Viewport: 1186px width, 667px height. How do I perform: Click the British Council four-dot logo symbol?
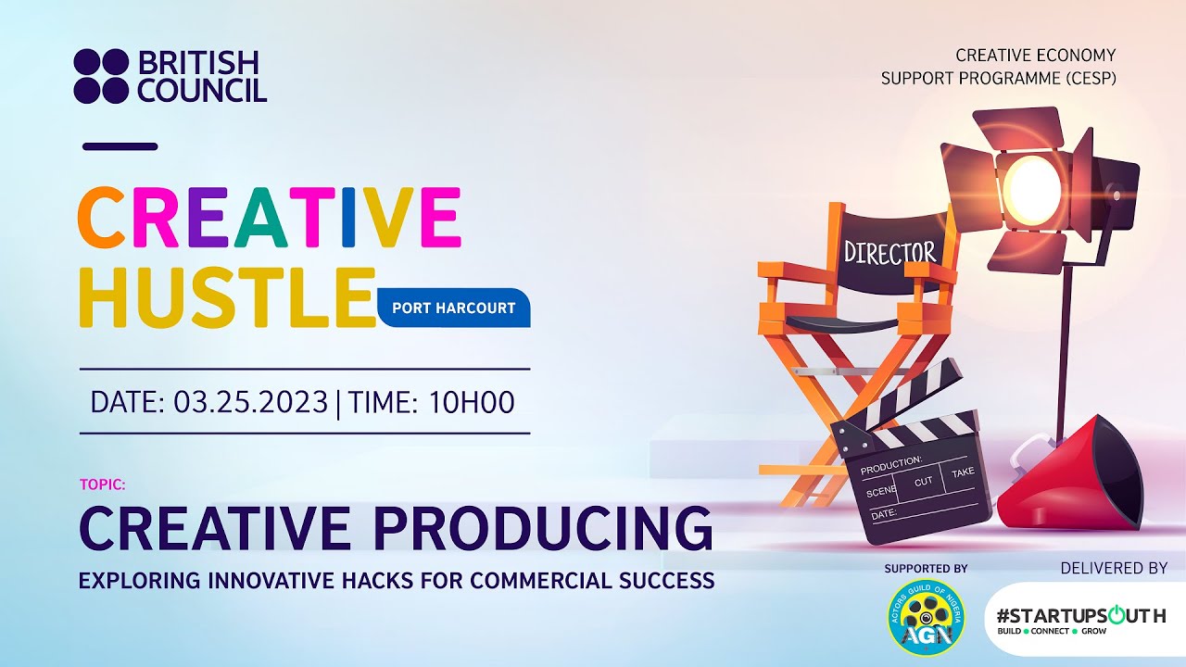[101, 76]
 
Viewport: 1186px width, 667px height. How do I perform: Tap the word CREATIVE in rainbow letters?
[269, 218]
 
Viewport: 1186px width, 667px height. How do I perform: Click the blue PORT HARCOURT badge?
[454, 308]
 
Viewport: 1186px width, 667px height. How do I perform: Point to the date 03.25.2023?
[250, 402]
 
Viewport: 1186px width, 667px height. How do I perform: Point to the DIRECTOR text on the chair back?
[889, 252]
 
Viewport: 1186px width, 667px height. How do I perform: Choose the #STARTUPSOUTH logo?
[1080, 619]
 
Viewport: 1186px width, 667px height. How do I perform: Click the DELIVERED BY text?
[1114, 568]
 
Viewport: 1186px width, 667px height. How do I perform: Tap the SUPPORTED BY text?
[925, 568]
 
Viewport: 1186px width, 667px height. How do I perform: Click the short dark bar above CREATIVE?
[120, 146]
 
